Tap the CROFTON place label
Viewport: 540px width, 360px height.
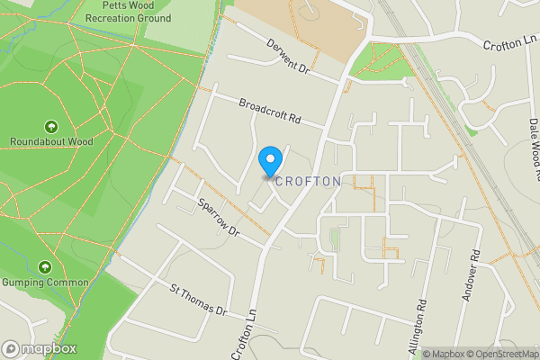tap(309, 181)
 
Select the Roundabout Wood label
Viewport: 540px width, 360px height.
tap(51, 141)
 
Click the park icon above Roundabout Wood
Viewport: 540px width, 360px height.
tap(50, 127)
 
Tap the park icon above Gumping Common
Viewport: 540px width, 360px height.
tap(45, 267)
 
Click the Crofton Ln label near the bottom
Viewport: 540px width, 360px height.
tap(244, 334)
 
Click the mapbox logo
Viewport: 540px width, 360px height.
tap(40, 349)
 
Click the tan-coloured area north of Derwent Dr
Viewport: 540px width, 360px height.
tap(297, 27)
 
